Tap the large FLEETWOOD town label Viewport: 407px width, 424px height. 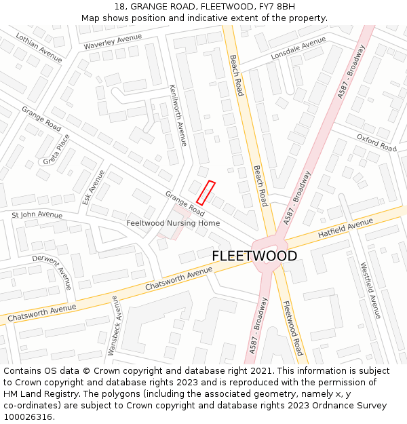pos(254,256)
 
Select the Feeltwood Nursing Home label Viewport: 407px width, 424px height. pos(173,223)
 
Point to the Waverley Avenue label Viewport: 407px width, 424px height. pos(113,41)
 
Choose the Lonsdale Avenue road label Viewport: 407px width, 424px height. pos(298,48)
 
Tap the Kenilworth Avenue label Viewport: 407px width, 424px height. pos(178,115)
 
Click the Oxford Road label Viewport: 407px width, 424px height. pos(376,142)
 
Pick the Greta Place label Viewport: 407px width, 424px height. pos(56,150)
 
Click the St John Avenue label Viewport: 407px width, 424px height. pos(37,215)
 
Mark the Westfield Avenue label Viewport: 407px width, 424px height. pos(370,290)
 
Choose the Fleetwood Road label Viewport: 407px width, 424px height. pos(292,328)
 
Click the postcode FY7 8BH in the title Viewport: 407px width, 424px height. pos(276,7)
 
